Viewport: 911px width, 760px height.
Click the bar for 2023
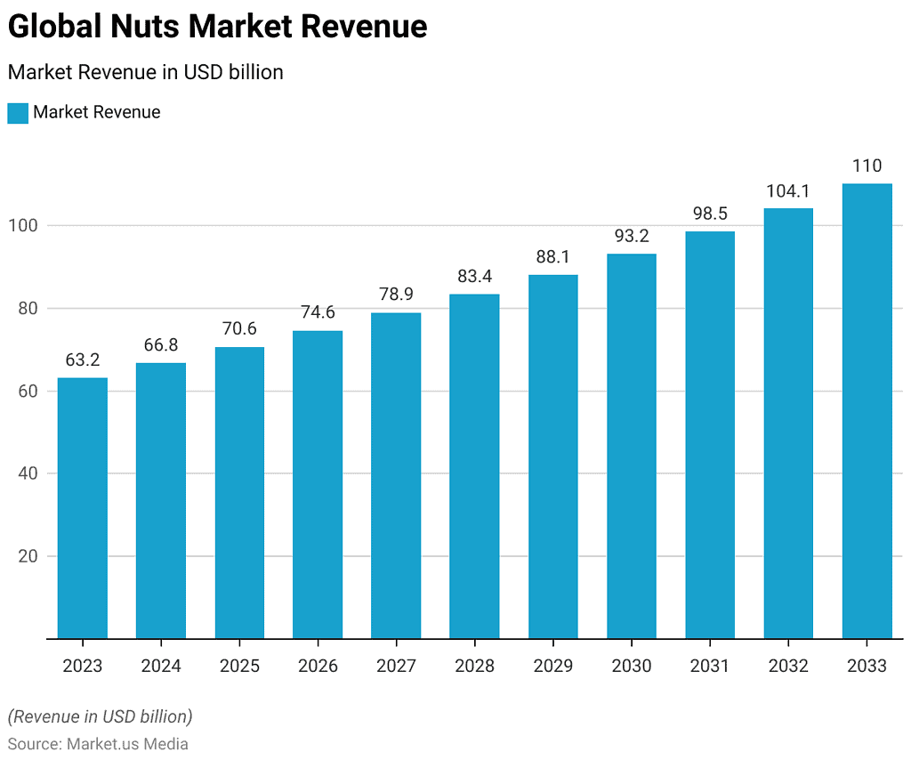coord(83,508)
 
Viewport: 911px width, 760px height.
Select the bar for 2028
coord(474,466)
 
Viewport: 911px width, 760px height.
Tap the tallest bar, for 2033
coord(867,411)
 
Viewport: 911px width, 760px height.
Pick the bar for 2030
coord(632,446)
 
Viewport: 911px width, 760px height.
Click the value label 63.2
coord(83,360)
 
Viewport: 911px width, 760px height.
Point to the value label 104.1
coord(788,190)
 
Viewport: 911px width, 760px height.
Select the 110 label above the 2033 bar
coord(867,166)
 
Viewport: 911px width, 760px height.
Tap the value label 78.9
coord(396,295)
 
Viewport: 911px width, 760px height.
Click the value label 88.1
coord(552,257)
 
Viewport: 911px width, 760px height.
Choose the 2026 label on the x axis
coord(318,666)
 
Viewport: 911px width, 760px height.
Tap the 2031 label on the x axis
coord(710,666)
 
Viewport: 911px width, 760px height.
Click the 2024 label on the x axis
coord(161,666)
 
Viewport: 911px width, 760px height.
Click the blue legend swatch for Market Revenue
coord(18,113)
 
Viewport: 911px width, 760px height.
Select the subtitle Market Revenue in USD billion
coord(145,72)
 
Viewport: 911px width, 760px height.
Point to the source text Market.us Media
coord(127,744)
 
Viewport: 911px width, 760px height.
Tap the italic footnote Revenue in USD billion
coord(100,716)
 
